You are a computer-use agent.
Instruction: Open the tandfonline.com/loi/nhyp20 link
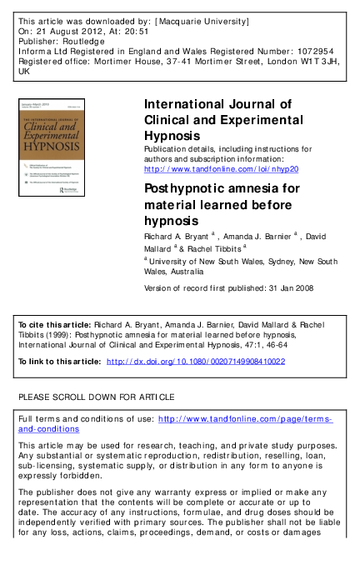click(221, 168)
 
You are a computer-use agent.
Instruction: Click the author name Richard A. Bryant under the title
click(177, 237)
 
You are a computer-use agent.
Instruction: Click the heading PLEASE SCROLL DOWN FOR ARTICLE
click(97, 396)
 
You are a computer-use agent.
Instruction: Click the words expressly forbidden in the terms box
click(61, 476)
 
